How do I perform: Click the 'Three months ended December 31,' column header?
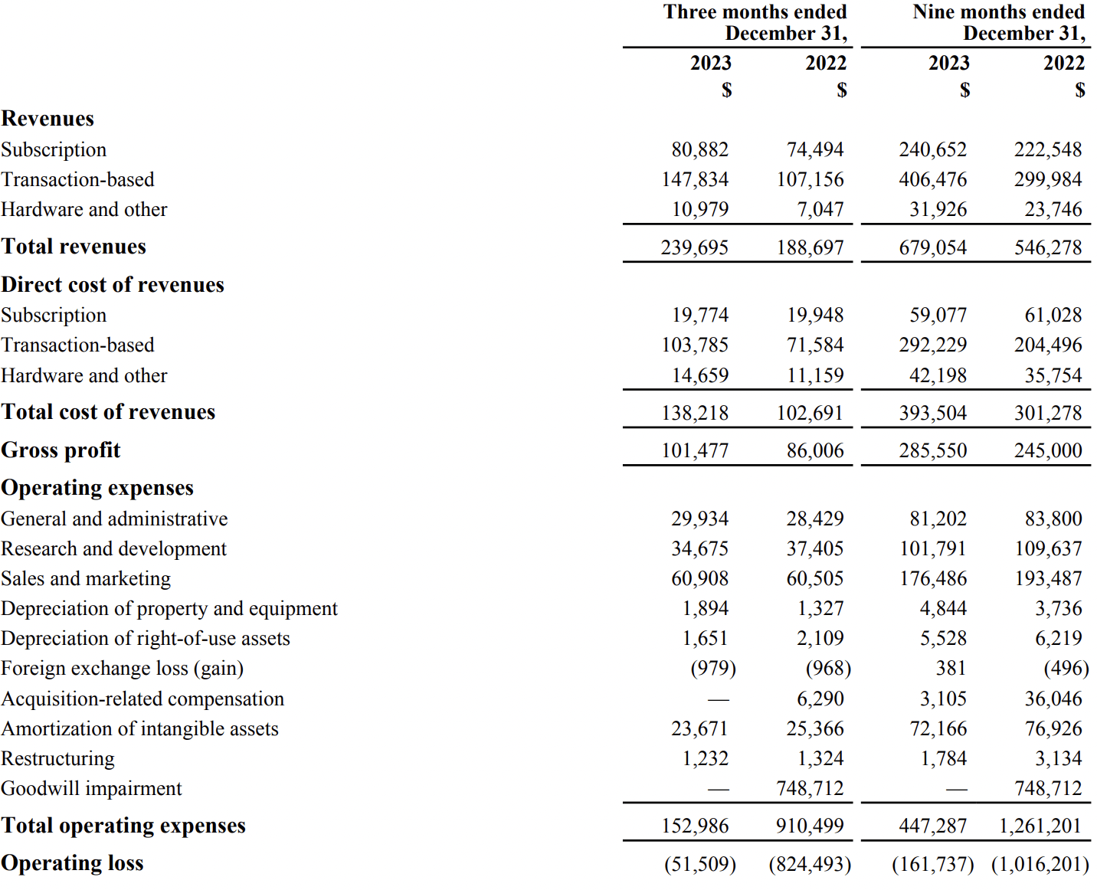tap(755, 22)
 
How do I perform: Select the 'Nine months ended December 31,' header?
tap(998, 22)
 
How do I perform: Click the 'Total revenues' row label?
tap(74, 247)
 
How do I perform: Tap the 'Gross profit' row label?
tap(61, 450)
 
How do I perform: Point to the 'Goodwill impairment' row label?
tap(91, 789)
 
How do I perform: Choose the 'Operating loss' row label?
tap(72, 863)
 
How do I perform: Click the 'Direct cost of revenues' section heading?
tap(113, 285)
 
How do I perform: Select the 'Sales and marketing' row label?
tap(86, 579)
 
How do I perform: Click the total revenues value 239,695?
tap(694, 248)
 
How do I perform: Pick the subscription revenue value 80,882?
tap(699, 150)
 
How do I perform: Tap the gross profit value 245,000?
tap(1047, 451)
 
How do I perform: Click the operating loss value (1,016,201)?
tap(1040, 865)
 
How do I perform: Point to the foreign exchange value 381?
tap(951, 669)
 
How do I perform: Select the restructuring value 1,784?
tap(938, 759)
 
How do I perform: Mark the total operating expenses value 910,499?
tap(809, 826)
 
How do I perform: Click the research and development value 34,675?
tap(699, 549)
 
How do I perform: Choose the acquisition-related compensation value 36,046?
tap(1053, 699)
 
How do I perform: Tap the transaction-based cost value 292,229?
tap(932, 345)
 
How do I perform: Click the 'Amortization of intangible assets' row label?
tap(139, 729)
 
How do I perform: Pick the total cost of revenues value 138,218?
tap(694, 414)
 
